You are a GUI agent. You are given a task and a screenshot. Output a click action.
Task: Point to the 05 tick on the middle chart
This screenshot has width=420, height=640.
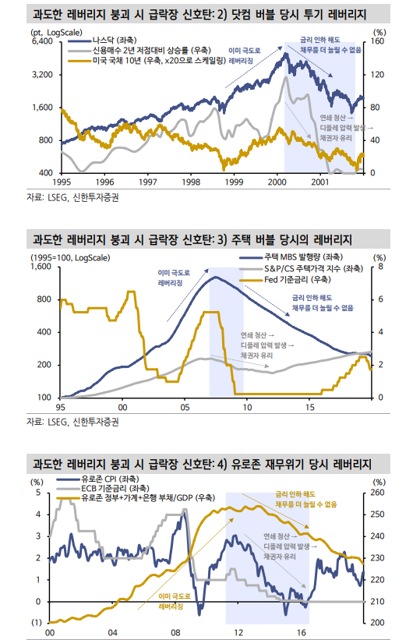coord(185,406)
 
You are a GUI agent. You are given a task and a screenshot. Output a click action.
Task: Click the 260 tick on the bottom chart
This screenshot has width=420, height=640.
coord(379,493)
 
